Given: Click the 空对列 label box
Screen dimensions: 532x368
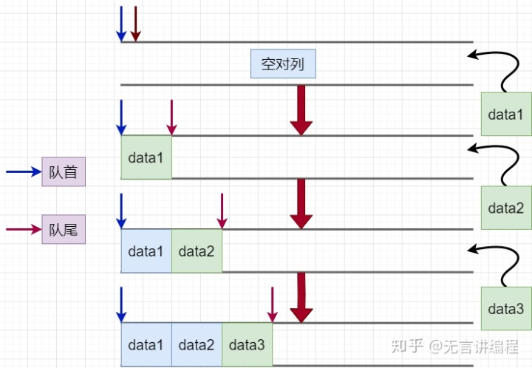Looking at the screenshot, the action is [283, 65].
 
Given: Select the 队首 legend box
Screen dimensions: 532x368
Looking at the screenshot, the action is [63, 171].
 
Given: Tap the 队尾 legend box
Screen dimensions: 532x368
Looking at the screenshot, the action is [63, 230].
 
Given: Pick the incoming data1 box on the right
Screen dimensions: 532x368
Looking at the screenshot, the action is [505, 115].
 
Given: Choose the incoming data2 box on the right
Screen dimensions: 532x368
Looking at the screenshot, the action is [505, 208].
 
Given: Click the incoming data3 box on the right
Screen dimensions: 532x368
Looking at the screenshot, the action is [505, 308].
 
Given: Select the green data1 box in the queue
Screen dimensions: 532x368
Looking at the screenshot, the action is [146, 157].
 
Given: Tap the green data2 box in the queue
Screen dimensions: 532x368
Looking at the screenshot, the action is [197, 251].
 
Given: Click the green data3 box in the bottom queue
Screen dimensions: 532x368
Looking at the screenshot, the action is [247, 344].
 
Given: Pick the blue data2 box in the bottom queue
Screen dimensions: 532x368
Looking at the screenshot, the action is [197, 344].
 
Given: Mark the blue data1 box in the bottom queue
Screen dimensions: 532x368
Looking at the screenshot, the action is [146, 344].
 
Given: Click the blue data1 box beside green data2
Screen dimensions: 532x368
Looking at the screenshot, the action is [146, 251].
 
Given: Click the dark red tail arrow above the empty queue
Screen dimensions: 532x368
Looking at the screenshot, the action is [135, 24].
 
